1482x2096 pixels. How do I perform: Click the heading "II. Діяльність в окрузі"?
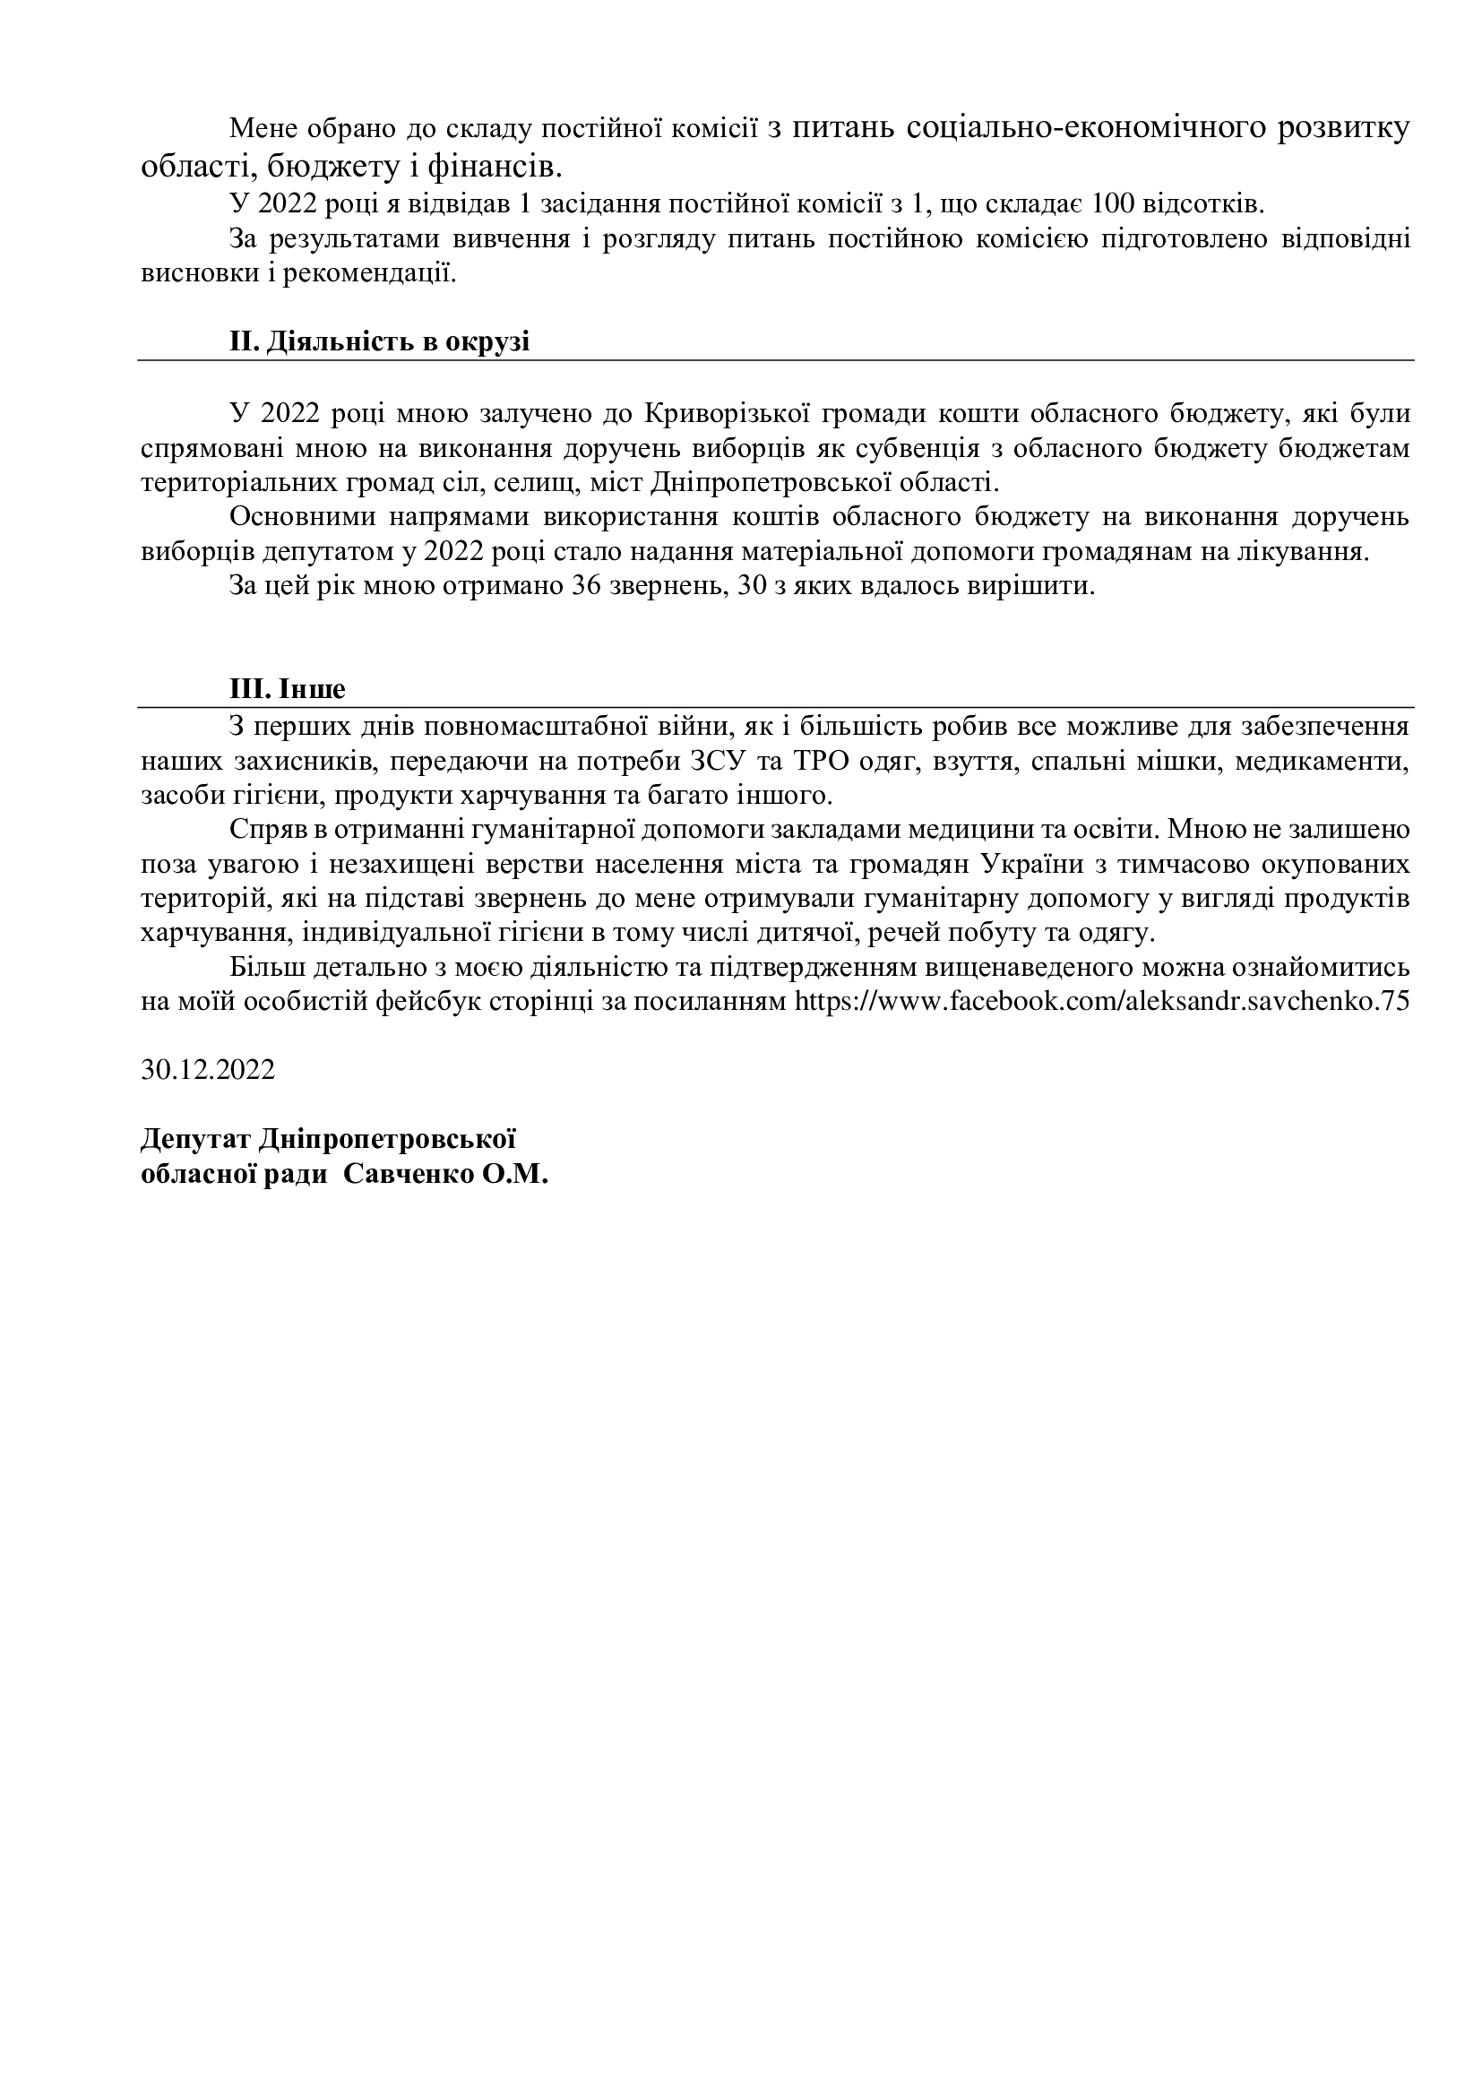pos(379,342)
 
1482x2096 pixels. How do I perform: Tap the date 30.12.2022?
pos(207,1070)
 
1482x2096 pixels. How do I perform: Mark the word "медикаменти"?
pos(1323,762)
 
